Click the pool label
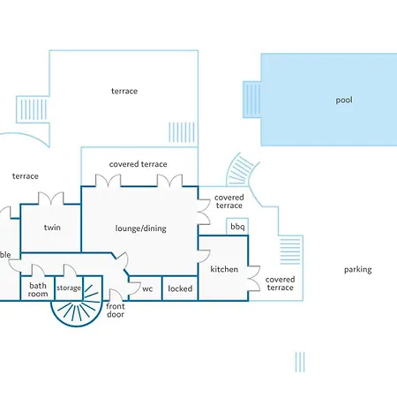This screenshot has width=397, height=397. pyautogui.click(x=344, y=101)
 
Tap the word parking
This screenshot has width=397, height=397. pyautogui.click(x=358, y=270)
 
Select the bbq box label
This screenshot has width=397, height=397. pyautogui.click(x=237, y=227)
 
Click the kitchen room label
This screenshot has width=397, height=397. pyautogui.click(x=224, y=269)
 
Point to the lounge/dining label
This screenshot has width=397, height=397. pyautogui.click(x=141, y=228)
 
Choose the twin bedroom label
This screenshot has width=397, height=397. pyautogui.click(x=52, y=228)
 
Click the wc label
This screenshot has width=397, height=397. pyautogui.click(x=147, y=289)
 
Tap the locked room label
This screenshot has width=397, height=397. pyautogui.click(x=180, y=288)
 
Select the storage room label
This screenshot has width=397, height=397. pyautogui.click(x=69, y=288)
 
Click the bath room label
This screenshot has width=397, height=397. pyautogui.click(x=38, y=289)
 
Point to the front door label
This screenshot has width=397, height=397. pyautogui.click(x=116, y=311)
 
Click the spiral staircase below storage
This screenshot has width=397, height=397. pyautogui.click(x=77, y=306)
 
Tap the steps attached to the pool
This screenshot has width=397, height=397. pyautogui.click(x=252, y=100)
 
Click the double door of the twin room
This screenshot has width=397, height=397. pyautogui.click(x=51, y=198)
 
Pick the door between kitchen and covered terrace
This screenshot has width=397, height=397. pyautogui.click(x=254, y=279)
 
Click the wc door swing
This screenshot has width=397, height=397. pyautogui.click(x=135, y=288)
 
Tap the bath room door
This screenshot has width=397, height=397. pyautogui.click(x=38, y=270)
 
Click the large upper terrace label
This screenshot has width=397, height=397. pyautogui.click(x=124, y=91)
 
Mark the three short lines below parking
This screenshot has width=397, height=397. pyautogui.click(x=300, y=362)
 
